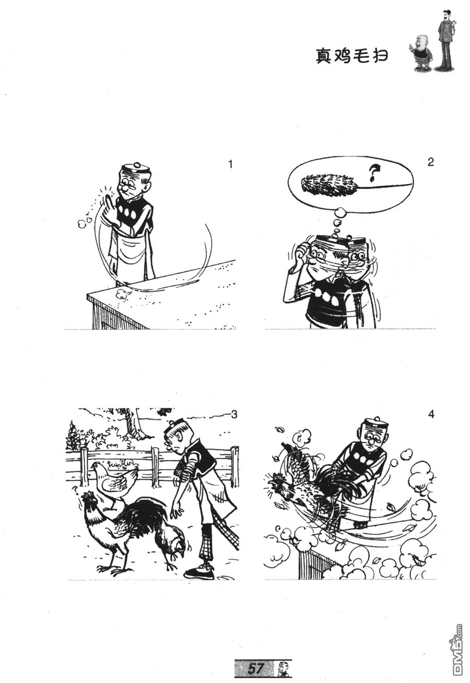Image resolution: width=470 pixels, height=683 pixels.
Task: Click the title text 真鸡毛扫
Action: pyautogui.click(x=351, y=56)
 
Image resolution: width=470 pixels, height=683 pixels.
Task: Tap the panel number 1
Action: pyautogui.click(x=230, y=164)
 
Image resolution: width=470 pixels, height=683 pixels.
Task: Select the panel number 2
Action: pyautogui.click(x=430, y=162)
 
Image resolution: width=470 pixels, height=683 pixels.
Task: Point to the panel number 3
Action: pyautogui.click(x=234, y=415)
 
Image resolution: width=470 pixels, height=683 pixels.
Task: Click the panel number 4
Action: pyautogui.click(x=431, y=415)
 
